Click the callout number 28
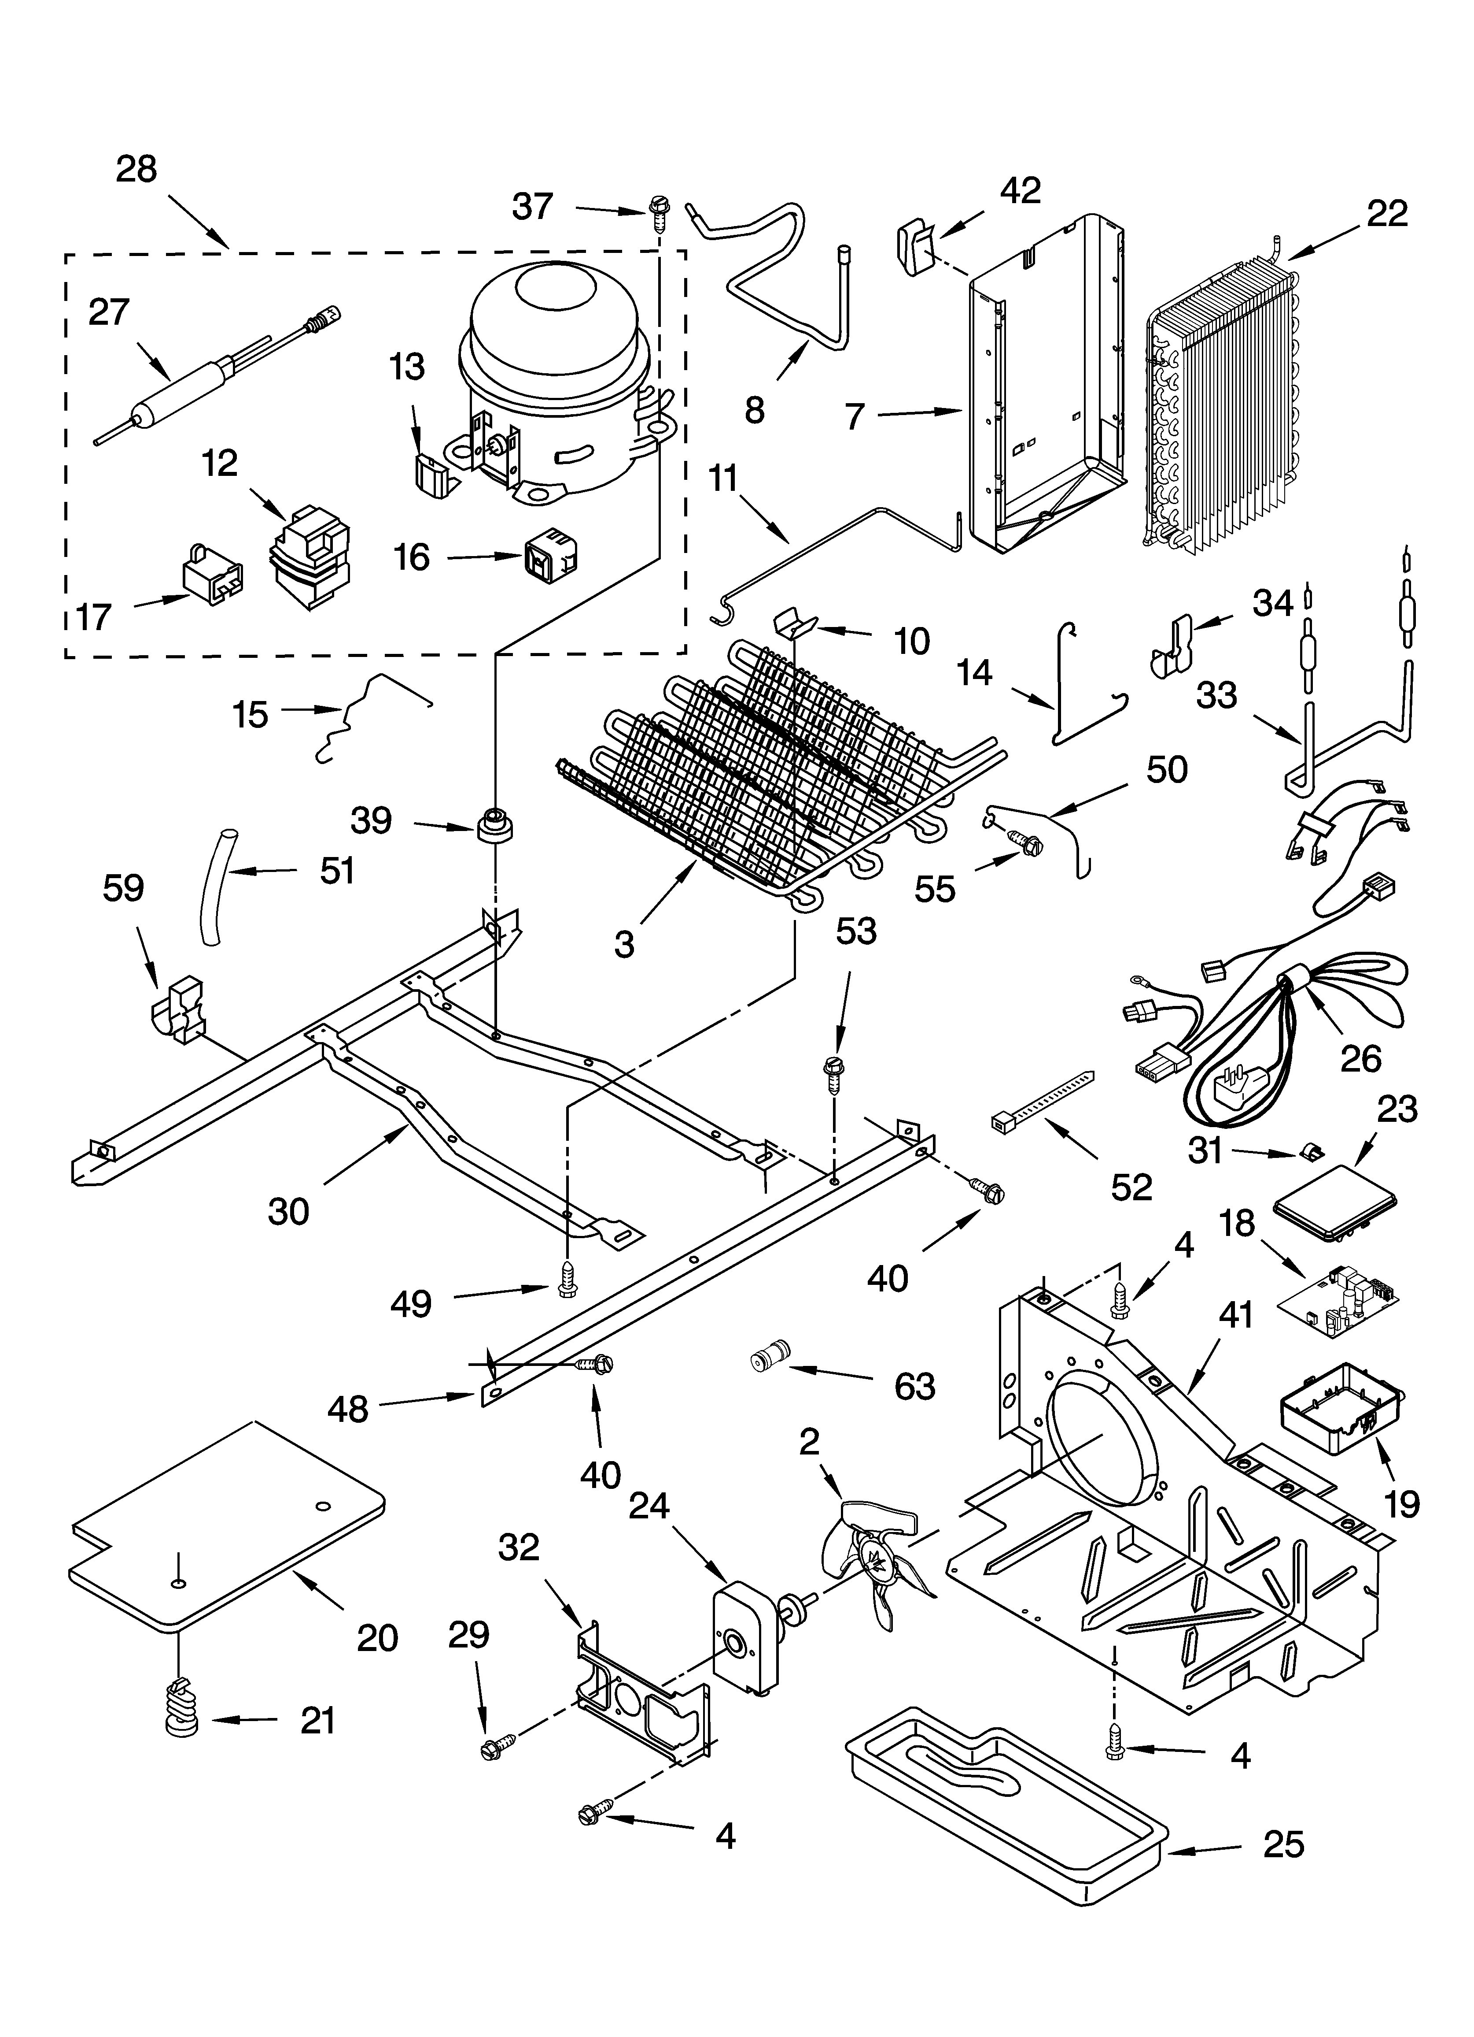(136, 169)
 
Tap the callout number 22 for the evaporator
(1387, 214)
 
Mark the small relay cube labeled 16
(549, 557)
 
